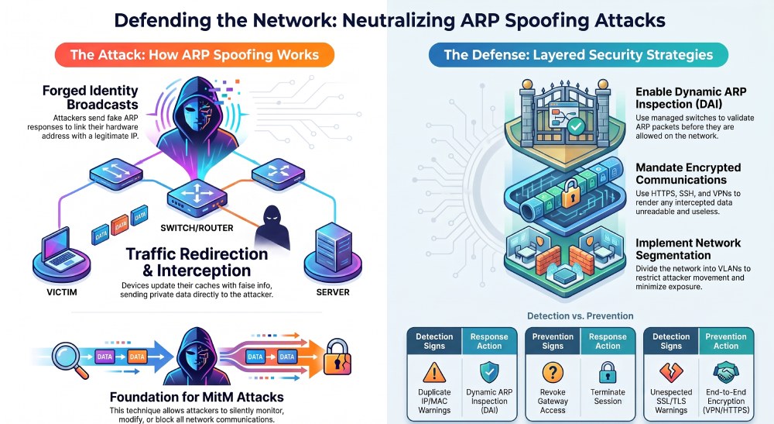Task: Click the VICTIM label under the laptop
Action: tap(62, 292)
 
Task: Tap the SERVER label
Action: tap(333, 292)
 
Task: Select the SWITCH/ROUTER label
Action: tap(197, 228)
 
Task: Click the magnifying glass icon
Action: tap(71, 359)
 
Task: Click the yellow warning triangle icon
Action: tap(434, 373)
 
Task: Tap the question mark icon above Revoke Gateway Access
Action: tap(553, 373)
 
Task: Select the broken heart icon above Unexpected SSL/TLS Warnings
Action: tap(671, 373)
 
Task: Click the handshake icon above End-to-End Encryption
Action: tap(726, 373)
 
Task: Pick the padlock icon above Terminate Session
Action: tap(608, 373)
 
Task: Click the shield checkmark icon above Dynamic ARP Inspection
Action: tap(489, 373)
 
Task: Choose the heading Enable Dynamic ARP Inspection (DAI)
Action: tap(690, 98)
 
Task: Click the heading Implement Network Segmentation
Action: tap(688, 249)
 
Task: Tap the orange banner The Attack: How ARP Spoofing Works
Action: tap(194, 54)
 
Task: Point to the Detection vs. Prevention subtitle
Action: tap(580, 315)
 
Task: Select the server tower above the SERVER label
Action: tap(333, 246)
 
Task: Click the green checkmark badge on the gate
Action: tap(575, 127)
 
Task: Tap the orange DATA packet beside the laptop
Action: tap(120, 226)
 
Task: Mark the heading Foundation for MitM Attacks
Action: tap(197, 397)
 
